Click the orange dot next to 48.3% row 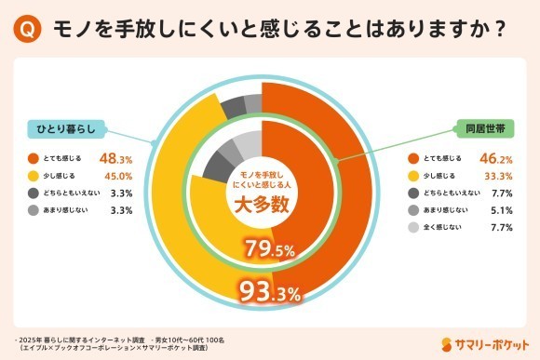pyautogui.click(x=34, y=158)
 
